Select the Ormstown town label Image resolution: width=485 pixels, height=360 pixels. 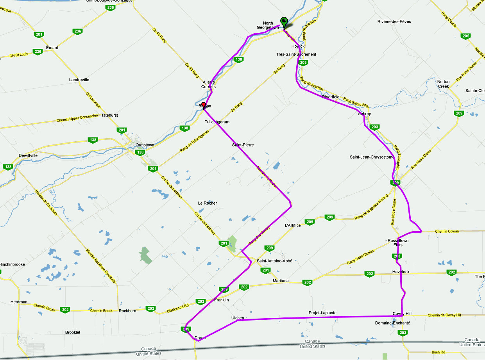145,145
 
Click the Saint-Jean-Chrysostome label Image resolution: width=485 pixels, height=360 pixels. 371,157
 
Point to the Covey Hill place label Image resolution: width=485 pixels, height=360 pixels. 402,314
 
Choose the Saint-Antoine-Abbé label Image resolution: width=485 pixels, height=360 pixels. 274,261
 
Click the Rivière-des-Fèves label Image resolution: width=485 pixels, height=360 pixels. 394,21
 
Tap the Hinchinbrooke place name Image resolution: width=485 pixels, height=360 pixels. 12,264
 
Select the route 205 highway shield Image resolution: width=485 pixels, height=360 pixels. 465,36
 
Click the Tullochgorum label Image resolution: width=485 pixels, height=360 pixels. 217,122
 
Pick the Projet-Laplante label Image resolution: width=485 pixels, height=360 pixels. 322,313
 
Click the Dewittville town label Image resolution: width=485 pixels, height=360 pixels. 28,155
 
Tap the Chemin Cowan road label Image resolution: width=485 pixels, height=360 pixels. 447,232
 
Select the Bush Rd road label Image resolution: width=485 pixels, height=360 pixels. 438,352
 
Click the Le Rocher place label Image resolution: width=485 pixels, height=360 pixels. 208,203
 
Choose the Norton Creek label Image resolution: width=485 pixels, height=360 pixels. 443,84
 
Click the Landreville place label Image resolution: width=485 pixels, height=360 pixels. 79,80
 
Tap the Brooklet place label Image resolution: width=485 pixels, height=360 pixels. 73,332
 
